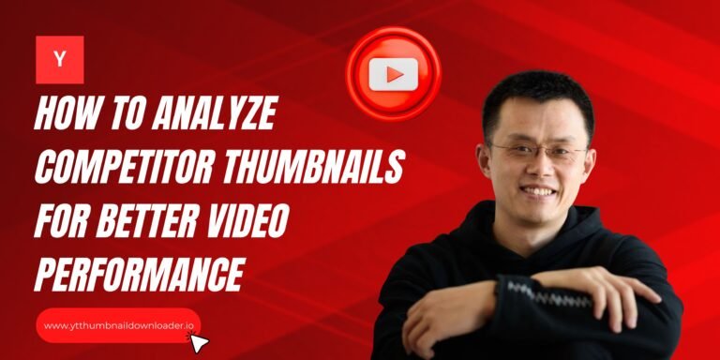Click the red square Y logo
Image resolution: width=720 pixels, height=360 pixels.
pos(60,60)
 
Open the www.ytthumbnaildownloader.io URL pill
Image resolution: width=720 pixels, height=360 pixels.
pos(118,325)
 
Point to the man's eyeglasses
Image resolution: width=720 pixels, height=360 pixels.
pos(537,151)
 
